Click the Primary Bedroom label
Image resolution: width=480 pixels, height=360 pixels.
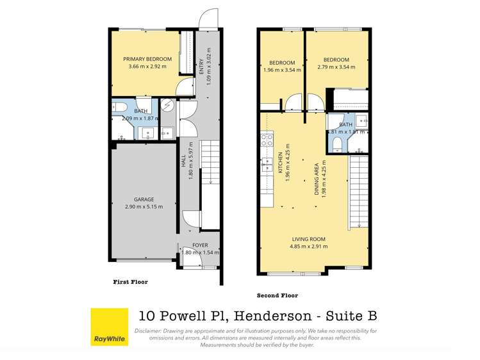tap(147, 59)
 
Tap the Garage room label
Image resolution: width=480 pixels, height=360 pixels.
tap(144, 199)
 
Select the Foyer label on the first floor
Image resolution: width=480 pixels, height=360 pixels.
tap(200, 245)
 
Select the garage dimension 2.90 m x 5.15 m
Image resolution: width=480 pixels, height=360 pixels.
tap(144, 206)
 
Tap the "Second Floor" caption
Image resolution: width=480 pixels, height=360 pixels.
tap(277, 295)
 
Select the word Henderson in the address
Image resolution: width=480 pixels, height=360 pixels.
tap(271, 315)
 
